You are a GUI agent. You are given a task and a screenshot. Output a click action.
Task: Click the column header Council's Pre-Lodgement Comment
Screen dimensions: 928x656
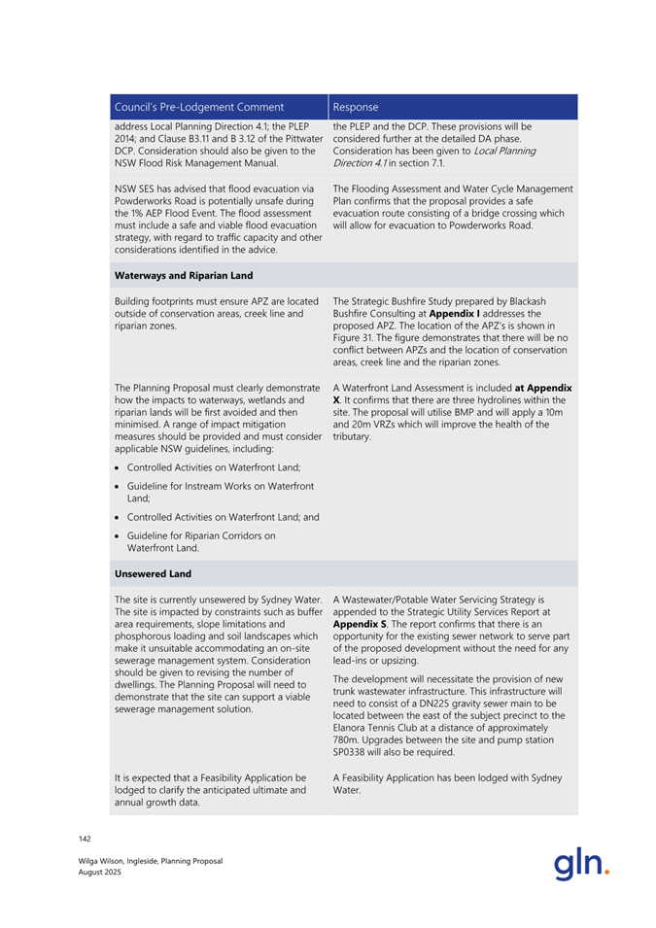pos(199,107)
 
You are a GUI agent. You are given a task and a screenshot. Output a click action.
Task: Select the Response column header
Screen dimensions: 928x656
pos(356,107)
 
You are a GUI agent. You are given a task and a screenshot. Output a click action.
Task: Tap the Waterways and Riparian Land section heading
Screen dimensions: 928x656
pos(184,275)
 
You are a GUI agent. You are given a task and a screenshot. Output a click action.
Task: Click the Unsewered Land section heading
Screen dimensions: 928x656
pos(153,574)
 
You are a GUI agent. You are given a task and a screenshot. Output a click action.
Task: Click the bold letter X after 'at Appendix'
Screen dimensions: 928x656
pos(336,399)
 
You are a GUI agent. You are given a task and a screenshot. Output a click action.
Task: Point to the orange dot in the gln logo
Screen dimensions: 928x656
pos(607,872)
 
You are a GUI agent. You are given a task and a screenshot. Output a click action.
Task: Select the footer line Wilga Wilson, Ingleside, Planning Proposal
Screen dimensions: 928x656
pos(151,861)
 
